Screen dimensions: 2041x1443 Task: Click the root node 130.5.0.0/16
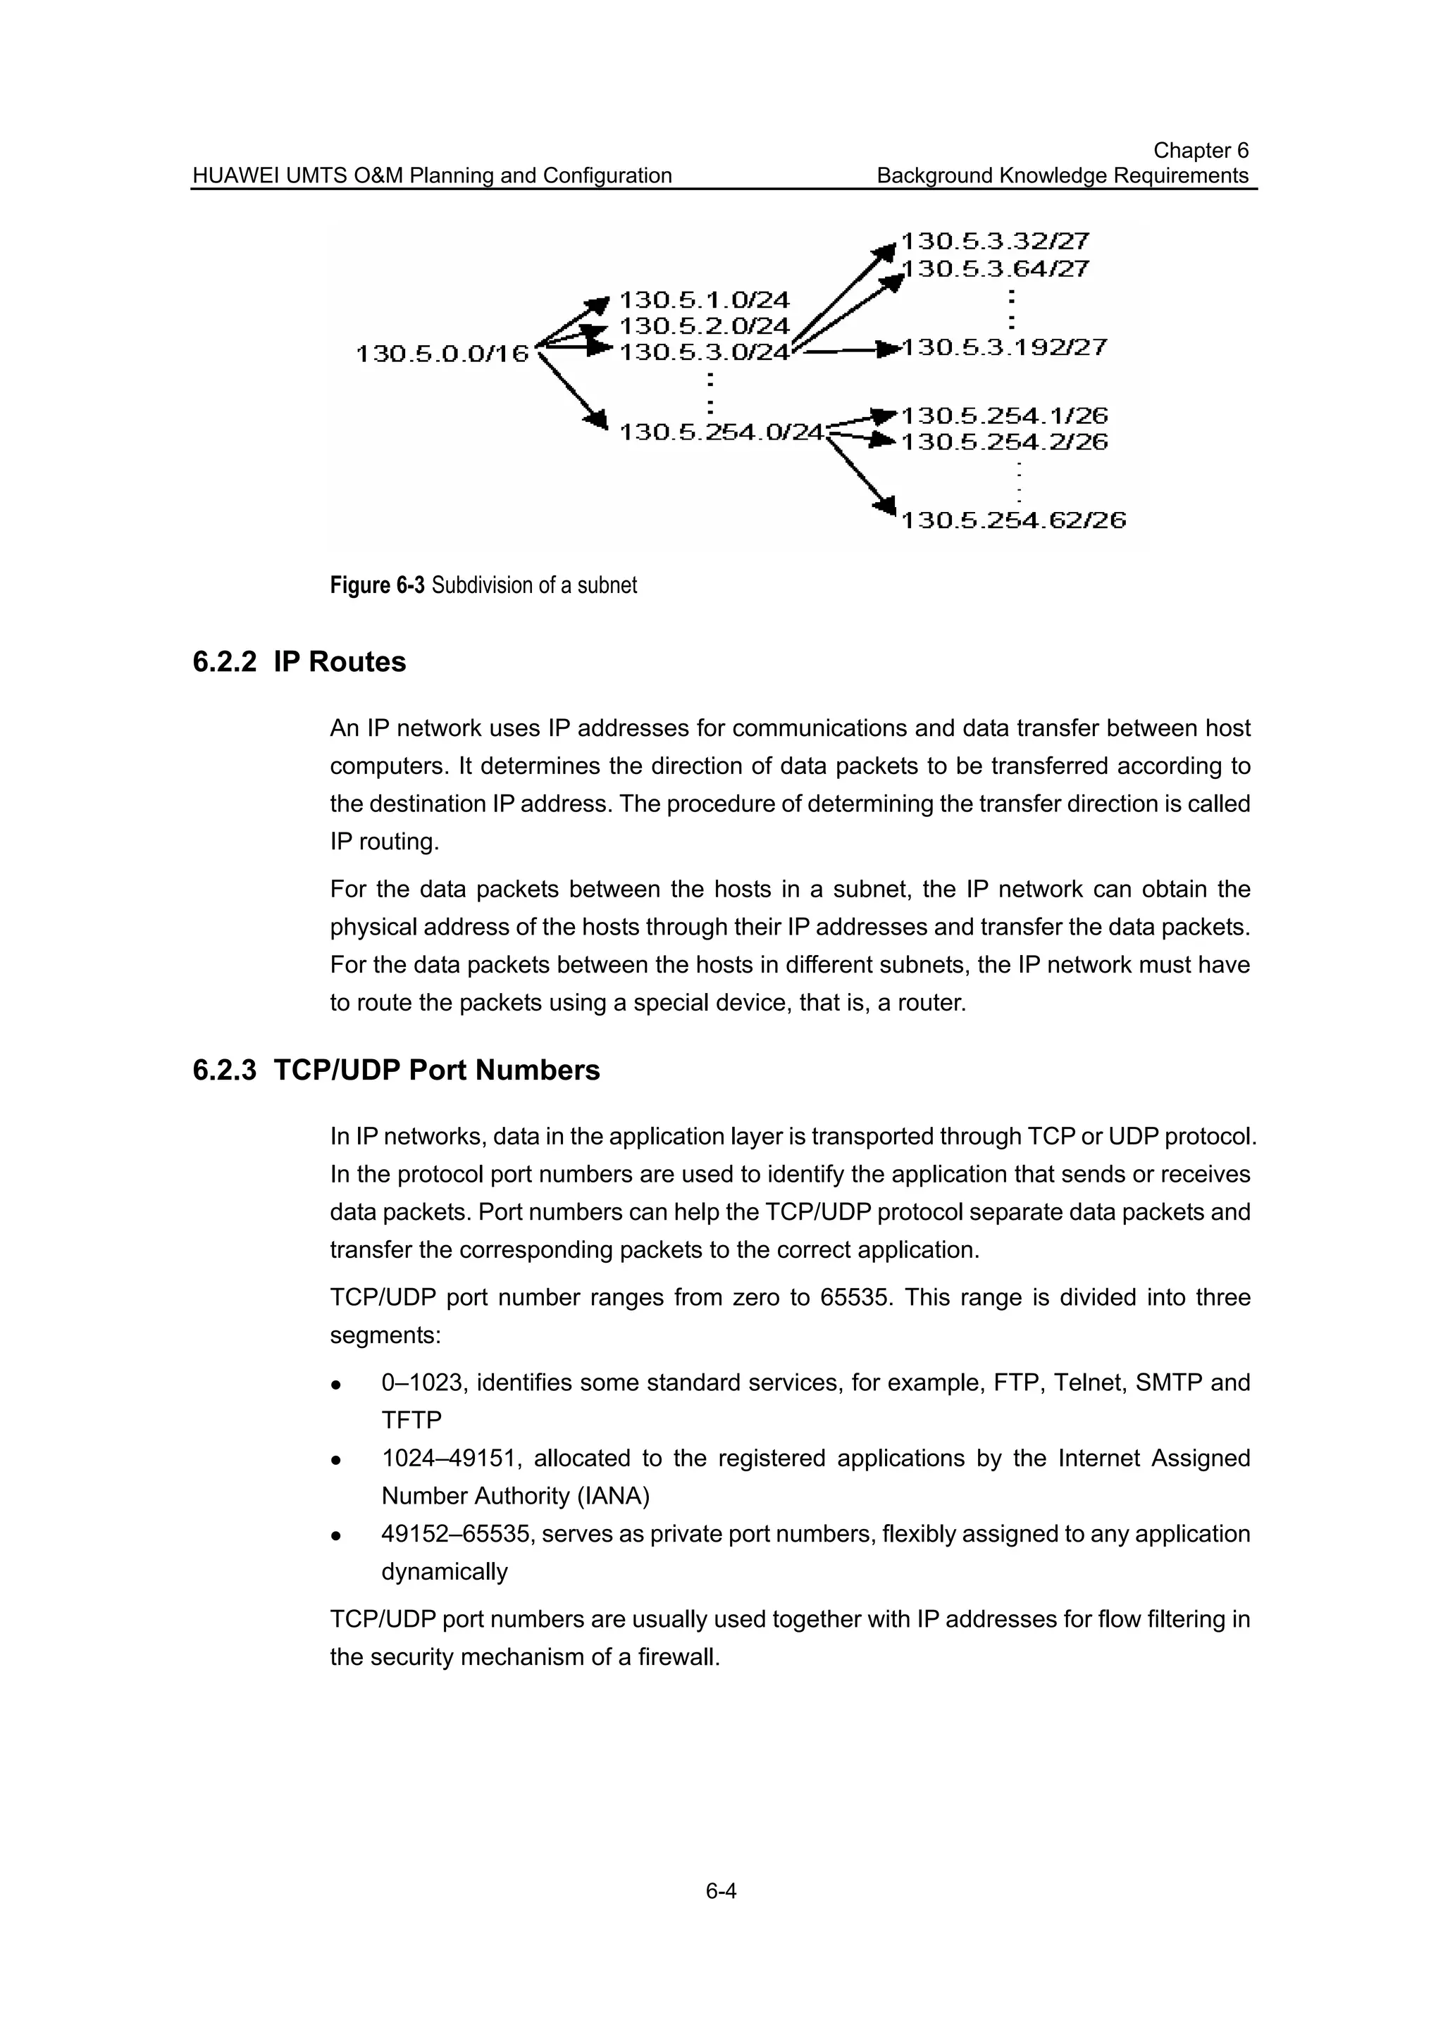click(x=442, y=354)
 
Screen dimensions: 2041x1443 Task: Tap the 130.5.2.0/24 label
click(x=703, y=326)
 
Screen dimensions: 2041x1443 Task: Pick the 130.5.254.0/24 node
click(x=721, y=432)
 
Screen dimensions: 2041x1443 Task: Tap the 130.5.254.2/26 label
click(x=1004, y=442)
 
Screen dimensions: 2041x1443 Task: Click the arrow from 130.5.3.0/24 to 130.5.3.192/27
click(x=845, y=349)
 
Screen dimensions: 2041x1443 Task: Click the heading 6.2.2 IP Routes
click(x=299, y=662)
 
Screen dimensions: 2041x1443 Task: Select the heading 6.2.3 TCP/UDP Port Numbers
click(x=396, y=1071)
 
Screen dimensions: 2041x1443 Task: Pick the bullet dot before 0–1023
click(x=336, y=1385)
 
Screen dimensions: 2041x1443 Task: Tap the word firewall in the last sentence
click(x=678, y=1658)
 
